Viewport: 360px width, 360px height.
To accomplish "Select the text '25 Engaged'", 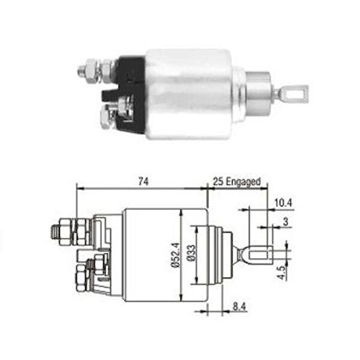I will coord(236,181).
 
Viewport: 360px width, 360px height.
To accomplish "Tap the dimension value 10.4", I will coord(283,203).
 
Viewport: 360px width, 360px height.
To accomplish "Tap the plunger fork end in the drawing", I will coord(256,255).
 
